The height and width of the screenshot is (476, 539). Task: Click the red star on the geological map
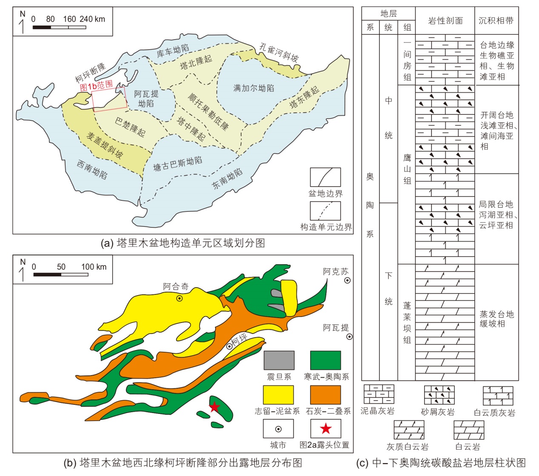[214, 407]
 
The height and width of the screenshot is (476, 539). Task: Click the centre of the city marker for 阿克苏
[348, 280]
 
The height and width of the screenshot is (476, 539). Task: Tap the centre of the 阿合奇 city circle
[180, 298]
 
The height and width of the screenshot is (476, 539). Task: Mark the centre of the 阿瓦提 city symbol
[349, 336]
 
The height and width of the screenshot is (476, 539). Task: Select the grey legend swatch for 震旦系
[279, 360]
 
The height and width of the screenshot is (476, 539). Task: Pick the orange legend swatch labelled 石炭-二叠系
[325, 395]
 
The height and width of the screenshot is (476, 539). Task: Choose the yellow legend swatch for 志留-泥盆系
[278, 395]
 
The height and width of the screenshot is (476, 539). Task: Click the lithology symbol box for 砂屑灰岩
[439, 395]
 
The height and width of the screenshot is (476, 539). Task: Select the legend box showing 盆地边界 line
[325, 177]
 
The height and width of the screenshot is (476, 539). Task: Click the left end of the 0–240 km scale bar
[33, 27]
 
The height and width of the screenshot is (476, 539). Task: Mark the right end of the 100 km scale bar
[88, 275]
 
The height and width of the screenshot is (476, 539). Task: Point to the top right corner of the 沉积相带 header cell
[519, 7]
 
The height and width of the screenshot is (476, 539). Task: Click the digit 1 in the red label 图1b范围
[90, 86]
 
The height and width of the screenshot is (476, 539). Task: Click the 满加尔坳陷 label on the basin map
[254, 88]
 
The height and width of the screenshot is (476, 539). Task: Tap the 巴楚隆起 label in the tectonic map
[130, 127]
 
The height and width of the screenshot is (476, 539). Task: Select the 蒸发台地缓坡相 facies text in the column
[496, 319]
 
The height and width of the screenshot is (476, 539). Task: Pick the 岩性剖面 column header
[445, 21]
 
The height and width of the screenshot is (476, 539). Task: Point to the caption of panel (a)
[183, 243]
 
